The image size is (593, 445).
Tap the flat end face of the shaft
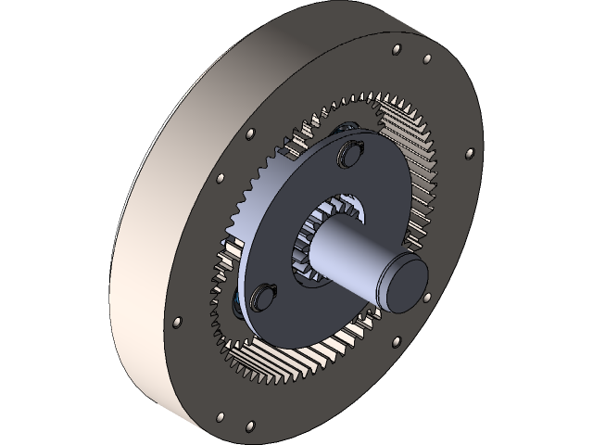tap(405, 283)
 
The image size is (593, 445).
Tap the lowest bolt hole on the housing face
tap(247, 427)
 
